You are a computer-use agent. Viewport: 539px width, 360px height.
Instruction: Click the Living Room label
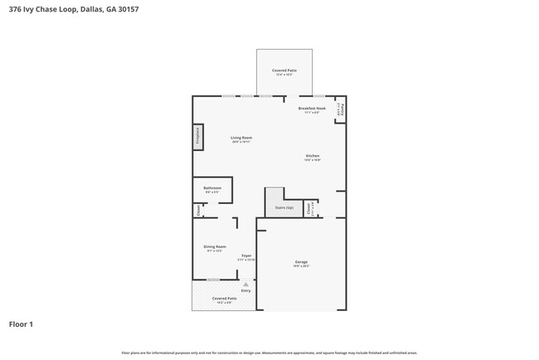[x=241, y=138]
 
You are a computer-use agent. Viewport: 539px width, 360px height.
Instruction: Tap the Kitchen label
[x=312, y=156]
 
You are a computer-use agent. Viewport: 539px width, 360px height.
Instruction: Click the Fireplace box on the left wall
[x=198, y=136]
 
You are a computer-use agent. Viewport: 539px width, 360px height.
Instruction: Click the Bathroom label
[x=212, y=188]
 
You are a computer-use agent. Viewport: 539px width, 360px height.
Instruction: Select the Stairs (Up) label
[x=284, y=207]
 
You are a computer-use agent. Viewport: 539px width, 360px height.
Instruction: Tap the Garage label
[x=300, y=262]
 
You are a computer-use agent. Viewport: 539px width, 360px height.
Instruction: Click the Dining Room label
[x=214, y=246]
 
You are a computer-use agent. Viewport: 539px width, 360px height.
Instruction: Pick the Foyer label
[x=246, y=255]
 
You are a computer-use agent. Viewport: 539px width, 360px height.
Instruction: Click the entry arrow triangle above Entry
[x=245, y=284]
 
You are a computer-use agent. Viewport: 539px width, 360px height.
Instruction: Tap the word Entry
[x=245, y=290]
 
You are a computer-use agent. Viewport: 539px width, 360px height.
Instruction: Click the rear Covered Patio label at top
[x=284, y=71]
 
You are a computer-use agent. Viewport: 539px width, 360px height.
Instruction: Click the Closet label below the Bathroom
[x=199, y=211]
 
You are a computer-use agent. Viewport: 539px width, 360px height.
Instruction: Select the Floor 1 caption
[x=21, y=324]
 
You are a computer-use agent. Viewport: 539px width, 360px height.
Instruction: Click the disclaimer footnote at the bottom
[x=269, y=353]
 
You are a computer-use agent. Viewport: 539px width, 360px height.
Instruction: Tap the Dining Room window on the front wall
[x=213, y=280]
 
